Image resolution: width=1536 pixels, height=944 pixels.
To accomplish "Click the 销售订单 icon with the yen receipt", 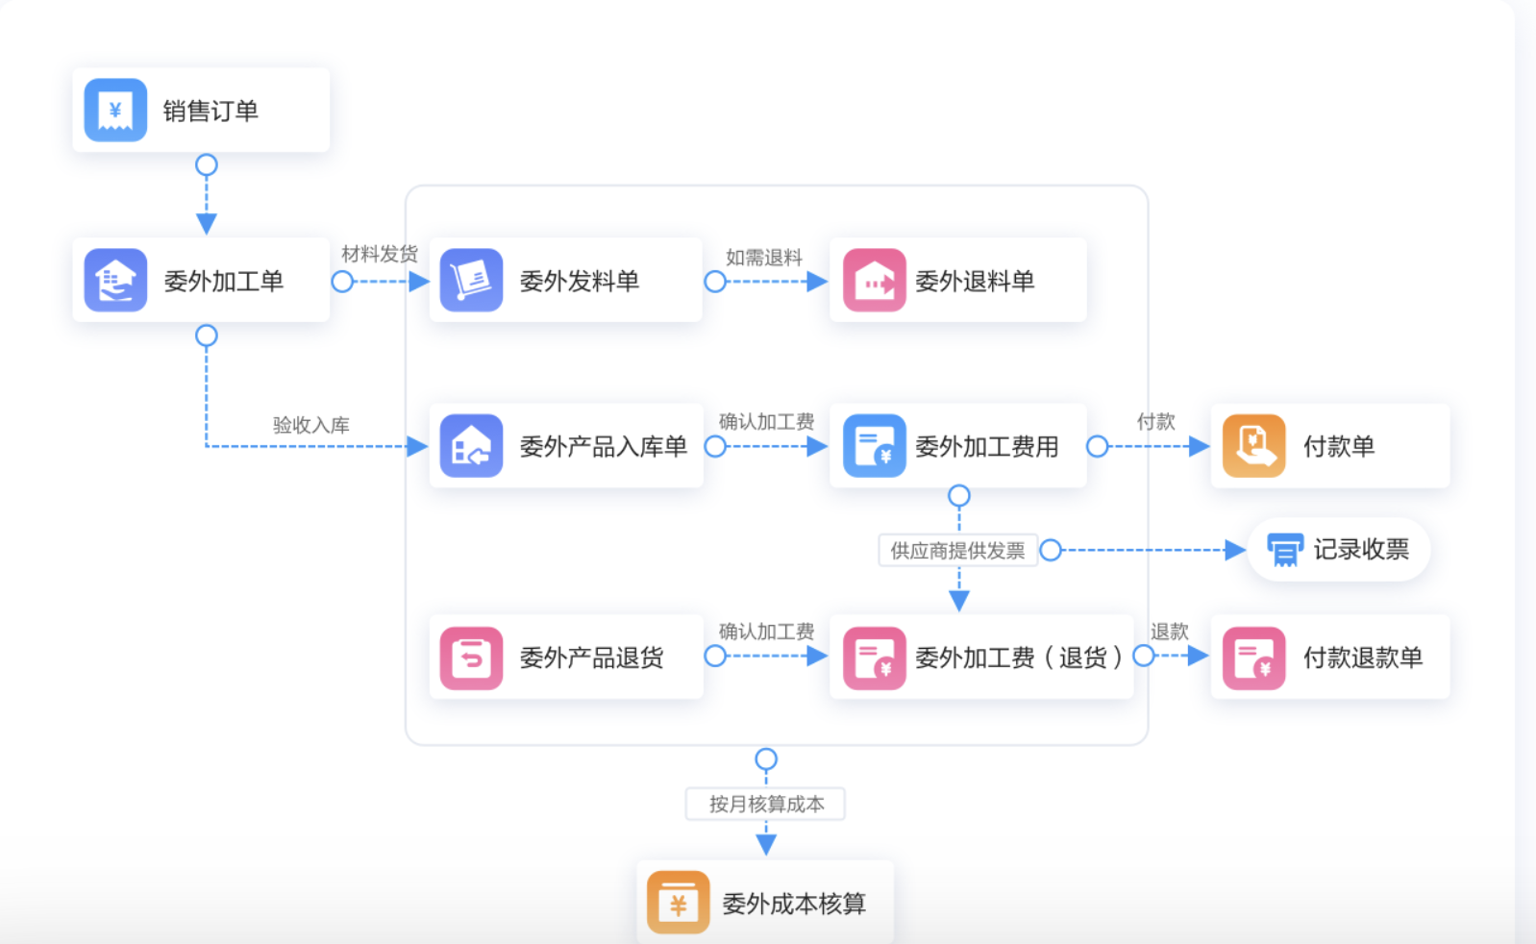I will point(115,111).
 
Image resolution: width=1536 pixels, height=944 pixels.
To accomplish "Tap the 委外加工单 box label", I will point(223,282).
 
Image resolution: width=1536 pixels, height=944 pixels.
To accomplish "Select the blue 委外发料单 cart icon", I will point(471,281).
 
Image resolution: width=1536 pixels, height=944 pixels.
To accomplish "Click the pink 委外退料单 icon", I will point(874,281).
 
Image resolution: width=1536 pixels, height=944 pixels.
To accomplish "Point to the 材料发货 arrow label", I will point(380,254).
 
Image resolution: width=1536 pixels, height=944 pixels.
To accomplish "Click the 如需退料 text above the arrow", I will point(764,257).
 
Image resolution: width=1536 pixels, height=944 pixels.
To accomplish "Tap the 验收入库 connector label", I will point(311,425).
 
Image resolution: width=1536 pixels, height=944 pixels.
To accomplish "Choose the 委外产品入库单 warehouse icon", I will point(471,446).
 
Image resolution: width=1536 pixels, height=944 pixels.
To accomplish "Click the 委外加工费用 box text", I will point(986,447).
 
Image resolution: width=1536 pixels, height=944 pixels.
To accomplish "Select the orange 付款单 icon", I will point(1253,446).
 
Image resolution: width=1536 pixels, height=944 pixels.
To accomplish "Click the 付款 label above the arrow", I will point(1155,422).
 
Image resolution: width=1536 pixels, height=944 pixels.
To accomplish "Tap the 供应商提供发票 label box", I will point(957,551).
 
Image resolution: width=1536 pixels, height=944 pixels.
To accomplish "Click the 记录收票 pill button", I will point(1339,550).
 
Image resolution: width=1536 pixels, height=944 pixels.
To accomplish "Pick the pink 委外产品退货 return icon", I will point(471,658).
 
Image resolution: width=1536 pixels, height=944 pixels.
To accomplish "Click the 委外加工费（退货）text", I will point(1019,658).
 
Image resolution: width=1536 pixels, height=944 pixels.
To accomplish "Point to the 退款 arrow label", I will point(1170,632).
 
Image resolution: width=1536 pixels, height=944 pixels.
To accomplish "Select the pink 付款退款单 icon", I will point(1253,658).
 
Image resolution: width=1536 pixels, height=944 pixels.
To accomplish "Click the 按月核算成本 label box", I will point(766,804).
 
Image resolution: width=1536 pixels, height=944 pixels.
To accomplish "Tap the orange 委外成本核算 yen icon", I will point(678,903).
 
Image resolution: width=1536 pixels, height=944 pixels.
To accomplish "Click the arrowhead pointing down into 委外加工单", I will point(207,224).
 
